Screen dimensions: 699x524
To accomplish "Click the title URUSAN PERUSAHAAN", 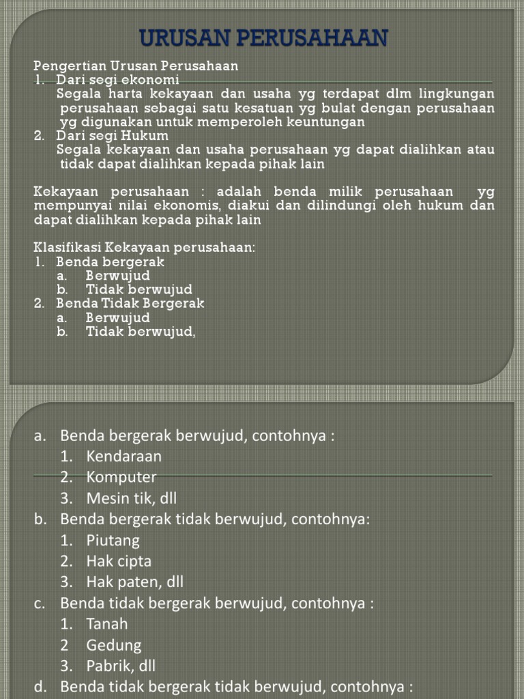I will pos(263,38).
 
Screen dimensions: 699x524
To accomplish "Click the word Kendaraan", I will pos(124,456).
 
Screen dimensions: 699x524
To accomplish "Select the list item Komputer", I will pos(121,476).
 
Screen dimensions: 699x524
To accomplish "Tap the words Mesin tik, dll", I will pos(126,498).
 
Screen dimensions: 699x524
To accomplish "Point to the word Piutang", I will pos(113,541).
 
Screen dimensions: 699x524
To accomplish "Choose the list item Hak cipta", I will pos(119,561).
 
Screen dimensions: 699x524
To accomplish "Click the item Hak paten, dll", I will pos(134,582).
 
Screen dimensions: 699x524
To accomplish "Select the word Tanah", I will pos(107,624).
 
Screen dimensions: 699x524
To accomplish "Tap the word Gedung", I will pos(114,645).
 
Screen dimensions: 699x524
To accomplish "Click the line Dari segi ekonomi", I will pos(117,80).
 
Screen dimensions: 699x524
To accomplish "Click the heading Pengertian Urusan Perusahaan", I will pos(136,66).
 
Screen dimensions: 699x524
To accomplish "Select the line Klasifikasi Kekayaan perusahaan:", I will pos(144,247).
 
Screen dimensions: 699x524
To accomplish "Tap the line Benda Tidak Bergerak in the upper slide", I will pos(130,303).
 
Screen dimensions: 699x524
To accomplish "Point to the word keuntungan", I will pos(327,122).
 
